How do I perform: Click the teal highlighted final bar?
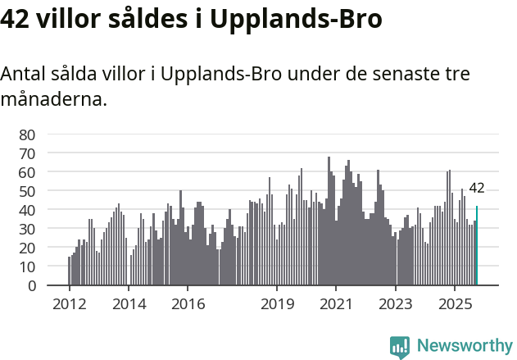477,246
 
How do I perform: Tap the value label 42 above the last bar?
477,188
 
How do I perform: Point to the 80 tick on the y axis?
27,134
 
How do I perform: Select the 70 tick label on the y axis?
27,153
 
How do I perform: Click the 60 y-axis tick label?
27,172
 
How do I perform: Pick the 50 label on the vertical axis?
27,191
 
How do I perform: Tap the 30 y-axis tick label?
27,229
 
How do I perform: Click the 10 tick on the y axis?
27,267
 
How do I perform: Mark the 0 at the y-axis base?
32,285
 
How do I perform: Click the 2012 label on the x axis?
69,303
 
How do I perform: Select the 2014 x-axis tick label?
129,303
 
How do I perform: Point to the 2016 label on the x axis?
188,303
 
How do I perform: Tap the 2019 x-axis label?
277,303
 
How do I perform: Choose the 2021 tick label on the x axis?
336,303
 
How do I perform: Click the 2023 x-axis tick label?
396,303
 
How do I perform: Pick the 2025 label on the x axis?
455,303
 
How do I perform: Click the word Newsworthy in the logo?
464,345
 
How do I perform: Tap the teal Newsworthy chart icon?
400,347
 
